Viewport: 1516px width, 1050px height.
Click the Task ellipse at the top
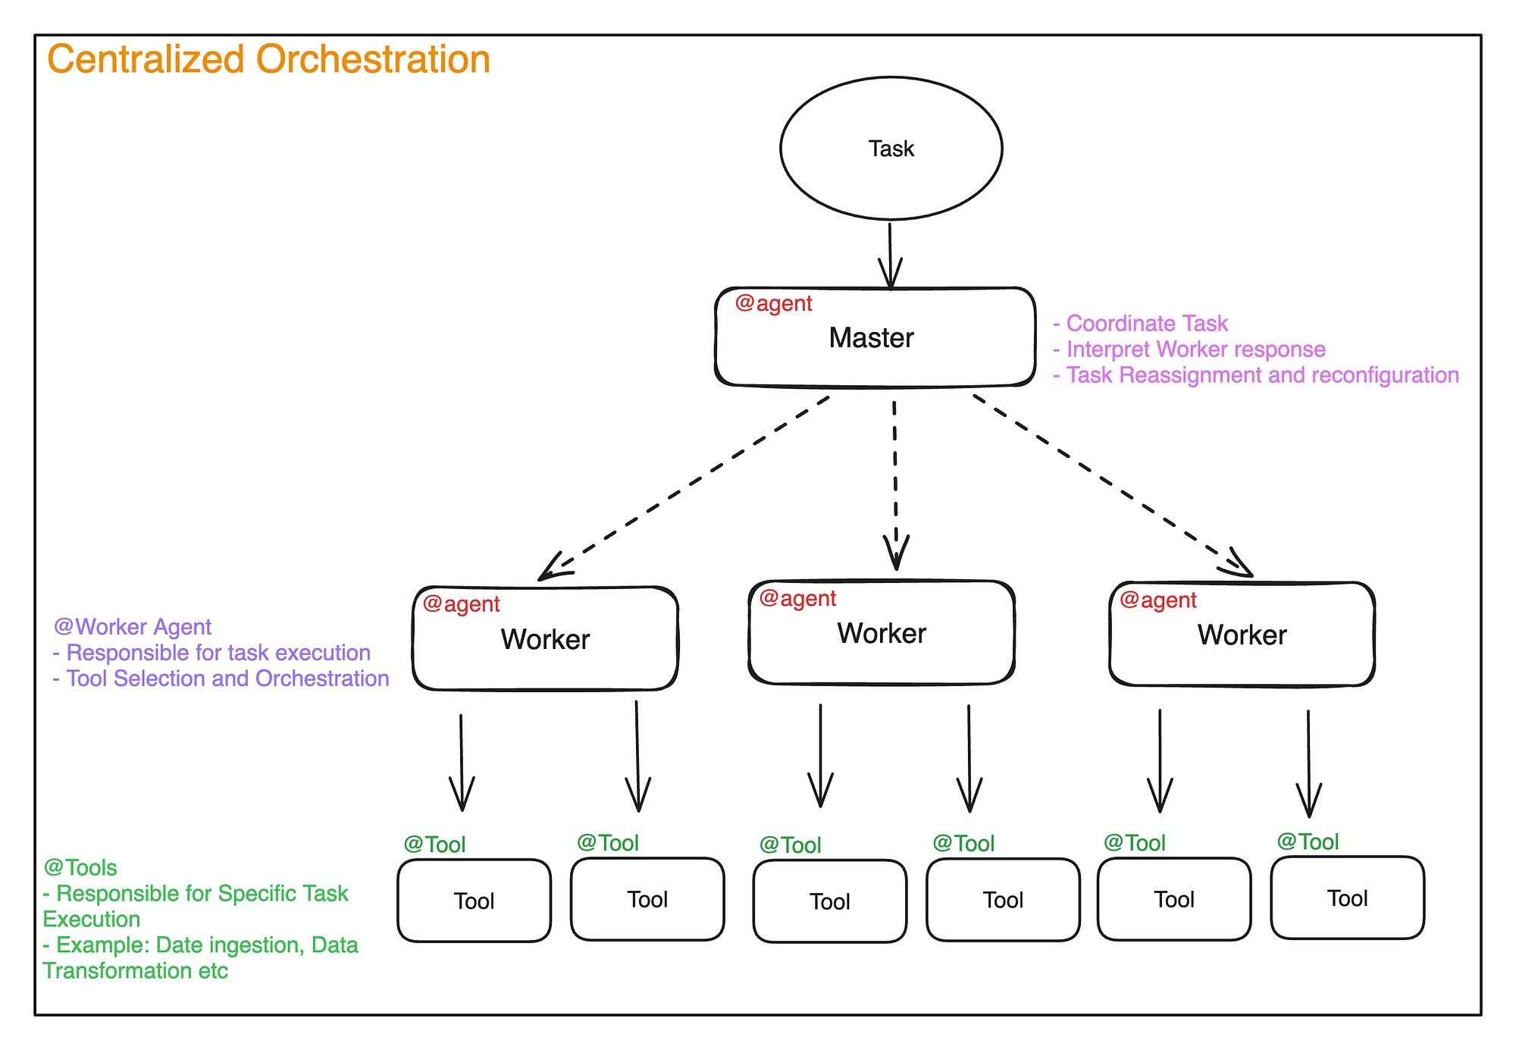pyautogui.click(x=891, y=149)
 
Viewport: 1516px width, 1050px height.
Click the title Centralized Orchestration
pyautogui.click(x=268, y=59)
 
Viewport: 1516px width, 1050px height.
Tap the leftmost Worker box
pyautogui.click(x=545, y=639)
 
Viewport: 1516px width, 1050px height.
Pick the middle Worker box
pyautogui.click(x=882, y=634)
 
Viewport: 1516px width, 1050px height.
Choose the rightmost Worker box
pyautogui.click(x=1242, y=635)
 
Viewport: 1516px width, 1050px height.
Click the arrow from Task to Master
pyautogui.click(x=890, y=254)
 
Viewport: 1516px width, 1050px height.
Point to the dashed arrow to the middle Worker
pyautogui.click(x=895, y=485)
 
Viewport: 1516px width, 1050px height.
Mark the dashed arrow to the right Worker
pyautogui.click(x=1110, y=485)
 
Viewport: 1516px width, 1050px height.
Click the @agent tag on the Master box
pyautogui.click(x=773, y=303)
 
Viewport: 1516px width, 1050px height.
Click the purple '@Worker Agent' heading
pyautogui.click(x=133, y=627)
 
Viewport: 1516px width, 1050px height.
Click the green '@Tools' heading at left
pyautogui.click(x=80, y=867)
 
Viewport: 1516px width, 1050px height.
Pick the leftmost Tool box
pyautogui.click(x=474, y=901)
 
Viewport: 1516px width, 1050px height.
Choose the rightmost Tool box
pyautogui.click(x=1347, y=898)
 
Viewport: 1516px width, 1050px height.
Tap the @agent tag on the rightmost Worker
pyautogui.click(x=1157, y=600)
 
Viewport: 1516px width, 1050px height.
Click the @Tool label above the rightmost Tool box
pyautogui.click(x=1308, y=842)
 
